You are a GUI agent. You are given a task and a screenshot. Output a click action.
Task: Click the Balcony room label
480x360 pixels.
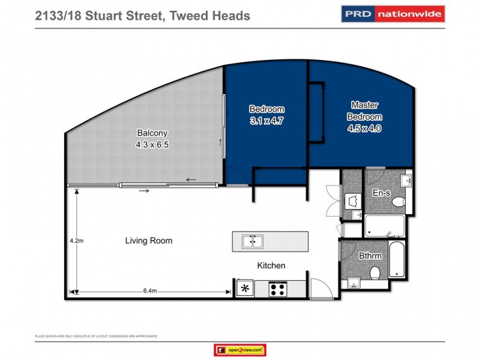[x=151, y=133]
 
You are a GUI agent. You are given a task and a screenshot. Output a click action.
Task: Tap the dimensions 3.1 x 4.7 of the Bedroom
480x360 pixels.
[x=266, y=119]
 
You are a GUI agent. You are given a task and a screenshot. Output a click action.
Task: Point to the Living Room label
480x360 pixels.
[x=149, y=241]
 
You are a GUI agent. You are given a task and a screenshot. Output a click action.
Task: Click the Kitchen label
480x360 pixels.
[x=271, y=265]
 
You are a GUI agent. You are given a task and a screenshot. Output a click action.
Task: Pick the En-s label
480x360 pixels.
[x=381, y=194]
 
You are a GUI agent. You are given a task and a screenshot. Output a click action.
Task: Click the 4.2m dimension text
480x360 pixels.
[x=76, y=241]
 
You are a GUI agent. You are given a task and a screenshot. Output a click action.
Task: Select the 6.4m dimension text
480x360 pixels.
[x=150, y=291]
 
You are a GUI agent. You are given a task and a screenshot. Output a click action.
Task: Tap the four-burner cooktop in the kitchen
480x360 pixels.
[x=277, y=289]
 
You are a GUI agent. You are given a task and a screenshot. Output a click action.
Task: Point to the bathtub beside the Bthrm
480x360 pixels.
[x=397, y=265]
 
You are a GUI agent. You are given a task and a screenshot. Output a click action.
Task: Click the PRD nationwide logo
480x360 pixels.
[x=393, y=13]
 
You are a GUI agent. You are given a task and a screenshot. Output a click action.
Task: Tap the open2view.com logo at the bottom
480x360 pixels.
[x=239, y=350]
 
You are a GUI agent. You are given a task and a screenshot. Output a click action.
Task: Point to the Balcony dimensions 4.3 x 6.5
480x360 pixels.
[x=151, y=144]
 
